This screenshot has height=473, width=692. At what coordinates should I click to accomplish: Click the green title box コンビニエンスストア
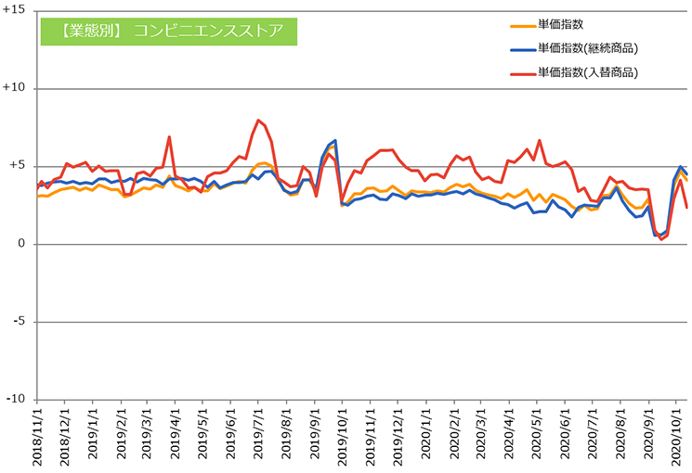click(x=167, y=31)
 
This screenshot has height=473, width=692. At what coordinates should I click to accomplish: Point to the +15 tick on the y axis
click(x=16, y=11)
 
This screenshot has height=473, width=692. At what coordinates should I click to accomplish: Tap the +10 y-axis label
click(x=16, y=89)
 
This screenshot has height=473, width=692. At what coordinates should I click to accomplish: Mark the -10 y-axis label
click(x=18, y=400)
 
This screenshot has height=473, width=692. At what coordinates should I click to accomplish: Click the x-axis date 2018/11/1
click(x=38, y=436)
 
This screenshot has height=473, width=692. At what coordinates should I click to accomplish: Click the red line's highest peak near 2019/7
click(x=258, y=121)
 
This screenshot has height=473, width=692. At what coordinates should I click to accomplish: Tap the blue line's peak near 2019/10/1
click(x=335, y=141)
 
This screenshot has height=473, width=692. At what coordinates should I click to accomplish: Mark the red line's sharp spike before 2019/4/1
click(x=169, y=137)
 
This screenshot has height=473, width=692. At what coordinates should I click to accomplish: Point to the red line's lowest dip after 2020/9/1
click(x=660, y=239)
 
